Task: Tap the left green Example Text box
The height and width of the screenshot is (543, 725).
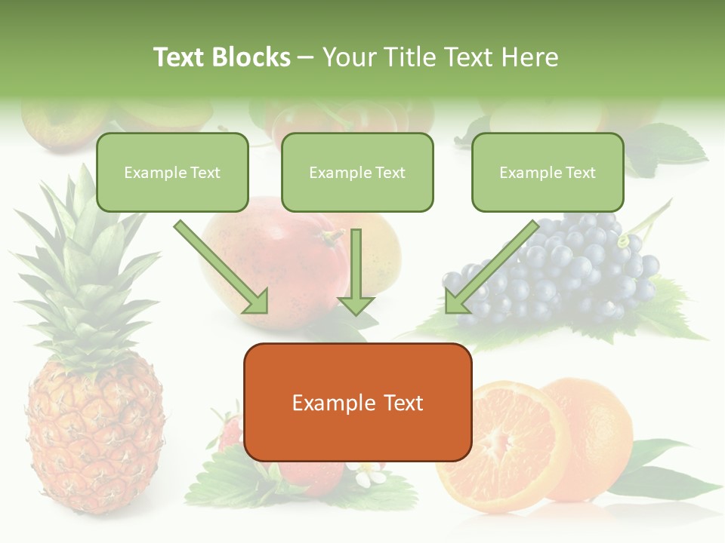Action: click(172, 173)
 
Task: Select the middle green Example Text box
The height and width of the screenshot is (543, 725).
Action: click(357, 173)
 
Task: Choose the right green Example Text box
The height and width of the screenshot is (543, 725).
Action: click(548, 173)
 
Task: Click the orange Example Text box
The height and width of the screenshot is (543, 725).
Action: click(357, 402)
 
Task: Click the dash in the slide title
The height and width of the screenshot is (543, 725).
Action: click(306, 58)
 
